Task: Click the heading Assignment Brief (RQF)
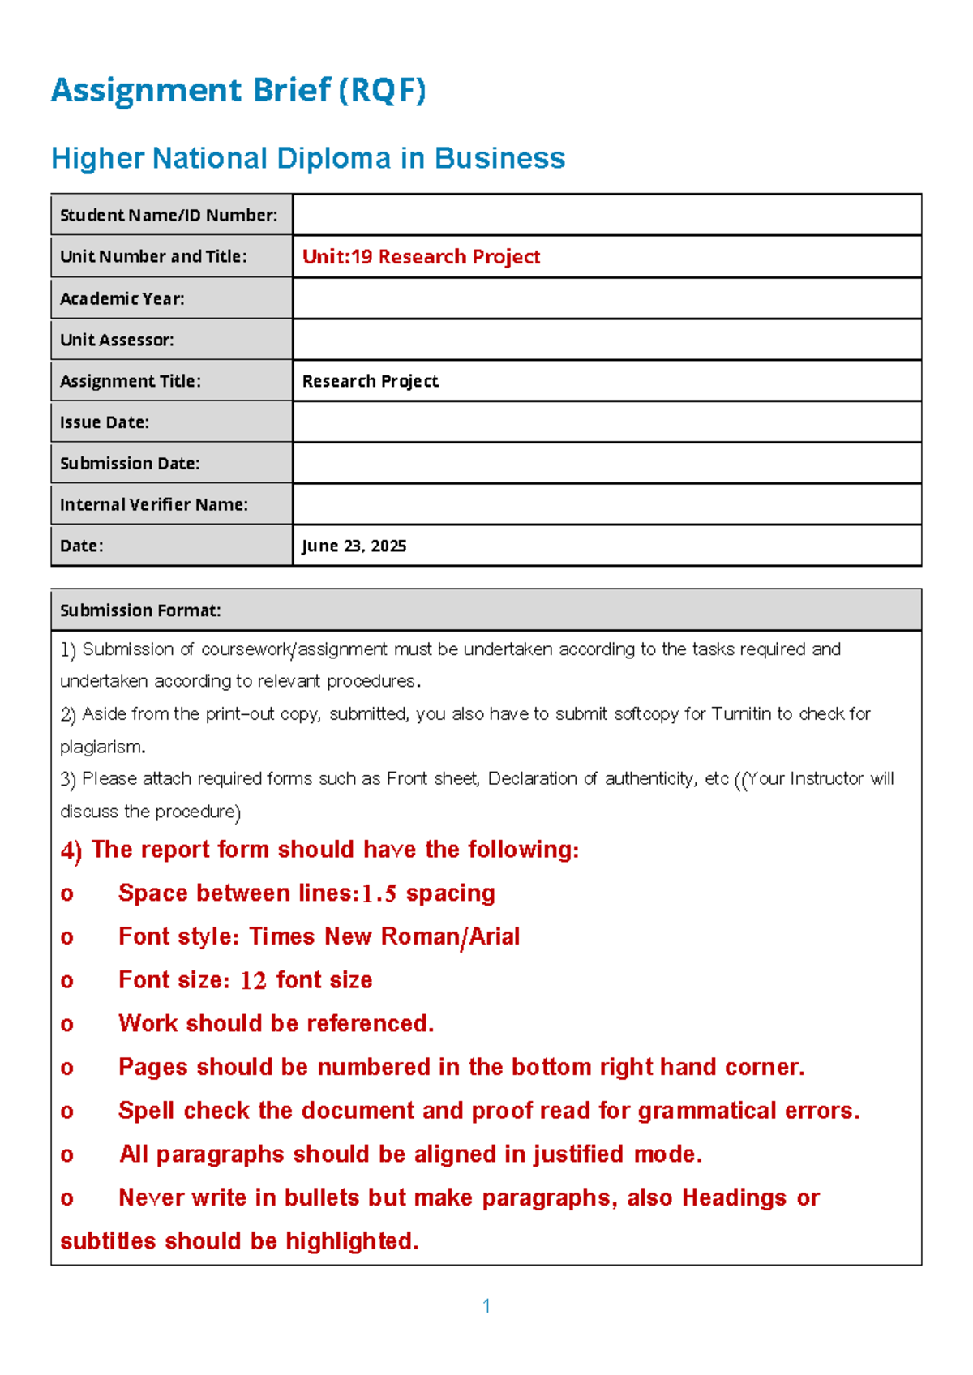point(238,90)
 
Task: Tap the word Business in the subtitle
point(499,158)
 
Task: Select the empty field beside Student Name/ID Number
point(607,215)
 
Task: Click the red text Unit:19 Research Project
point(421,257)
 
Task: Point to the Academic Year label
point(122,298)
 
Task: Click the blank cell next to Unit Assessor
point(607,340)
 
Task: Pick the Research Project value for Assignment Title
point(371,381)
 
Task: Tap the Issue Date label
point(105,422)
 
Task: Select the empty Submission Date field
point(607,463)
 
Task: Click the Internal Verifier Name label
point(154,504)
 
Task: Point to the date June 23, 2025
point(354,546)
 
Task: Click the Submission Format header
point(140,610)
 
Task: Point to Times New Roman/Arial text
point(384,936)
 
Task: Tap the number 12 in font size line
point(254,981)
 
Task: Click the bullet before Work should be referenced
point(67,1025)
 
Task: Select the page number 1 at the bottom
point(486,1305)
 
